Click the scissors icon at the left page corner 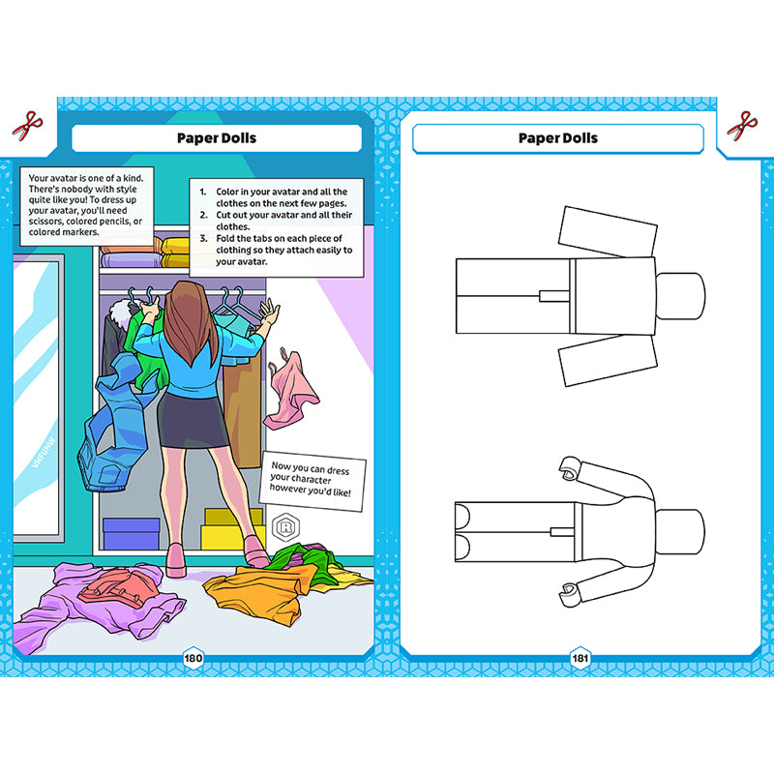[28, 126]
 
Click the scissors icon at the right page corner [742, 126]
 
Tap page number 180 [193, 658]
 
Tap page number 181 [580, 658]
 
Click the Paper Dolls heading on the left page [217, 137]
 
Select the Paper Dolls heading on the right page [558, 137]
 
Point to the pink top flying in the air [292, 390]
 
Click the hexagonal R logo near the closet [285, 527]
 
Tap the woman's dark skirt [193, 420]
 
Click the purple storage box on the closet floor [131, 534]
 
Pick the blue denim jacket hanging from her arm [114, 425]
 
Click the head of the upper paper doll [680, 296]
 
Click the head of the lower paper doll [680, 532]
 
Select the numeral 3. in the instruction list [203, 238]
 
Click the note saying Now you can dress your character [313, 480]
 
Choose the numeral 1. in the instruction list [203, 192]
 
